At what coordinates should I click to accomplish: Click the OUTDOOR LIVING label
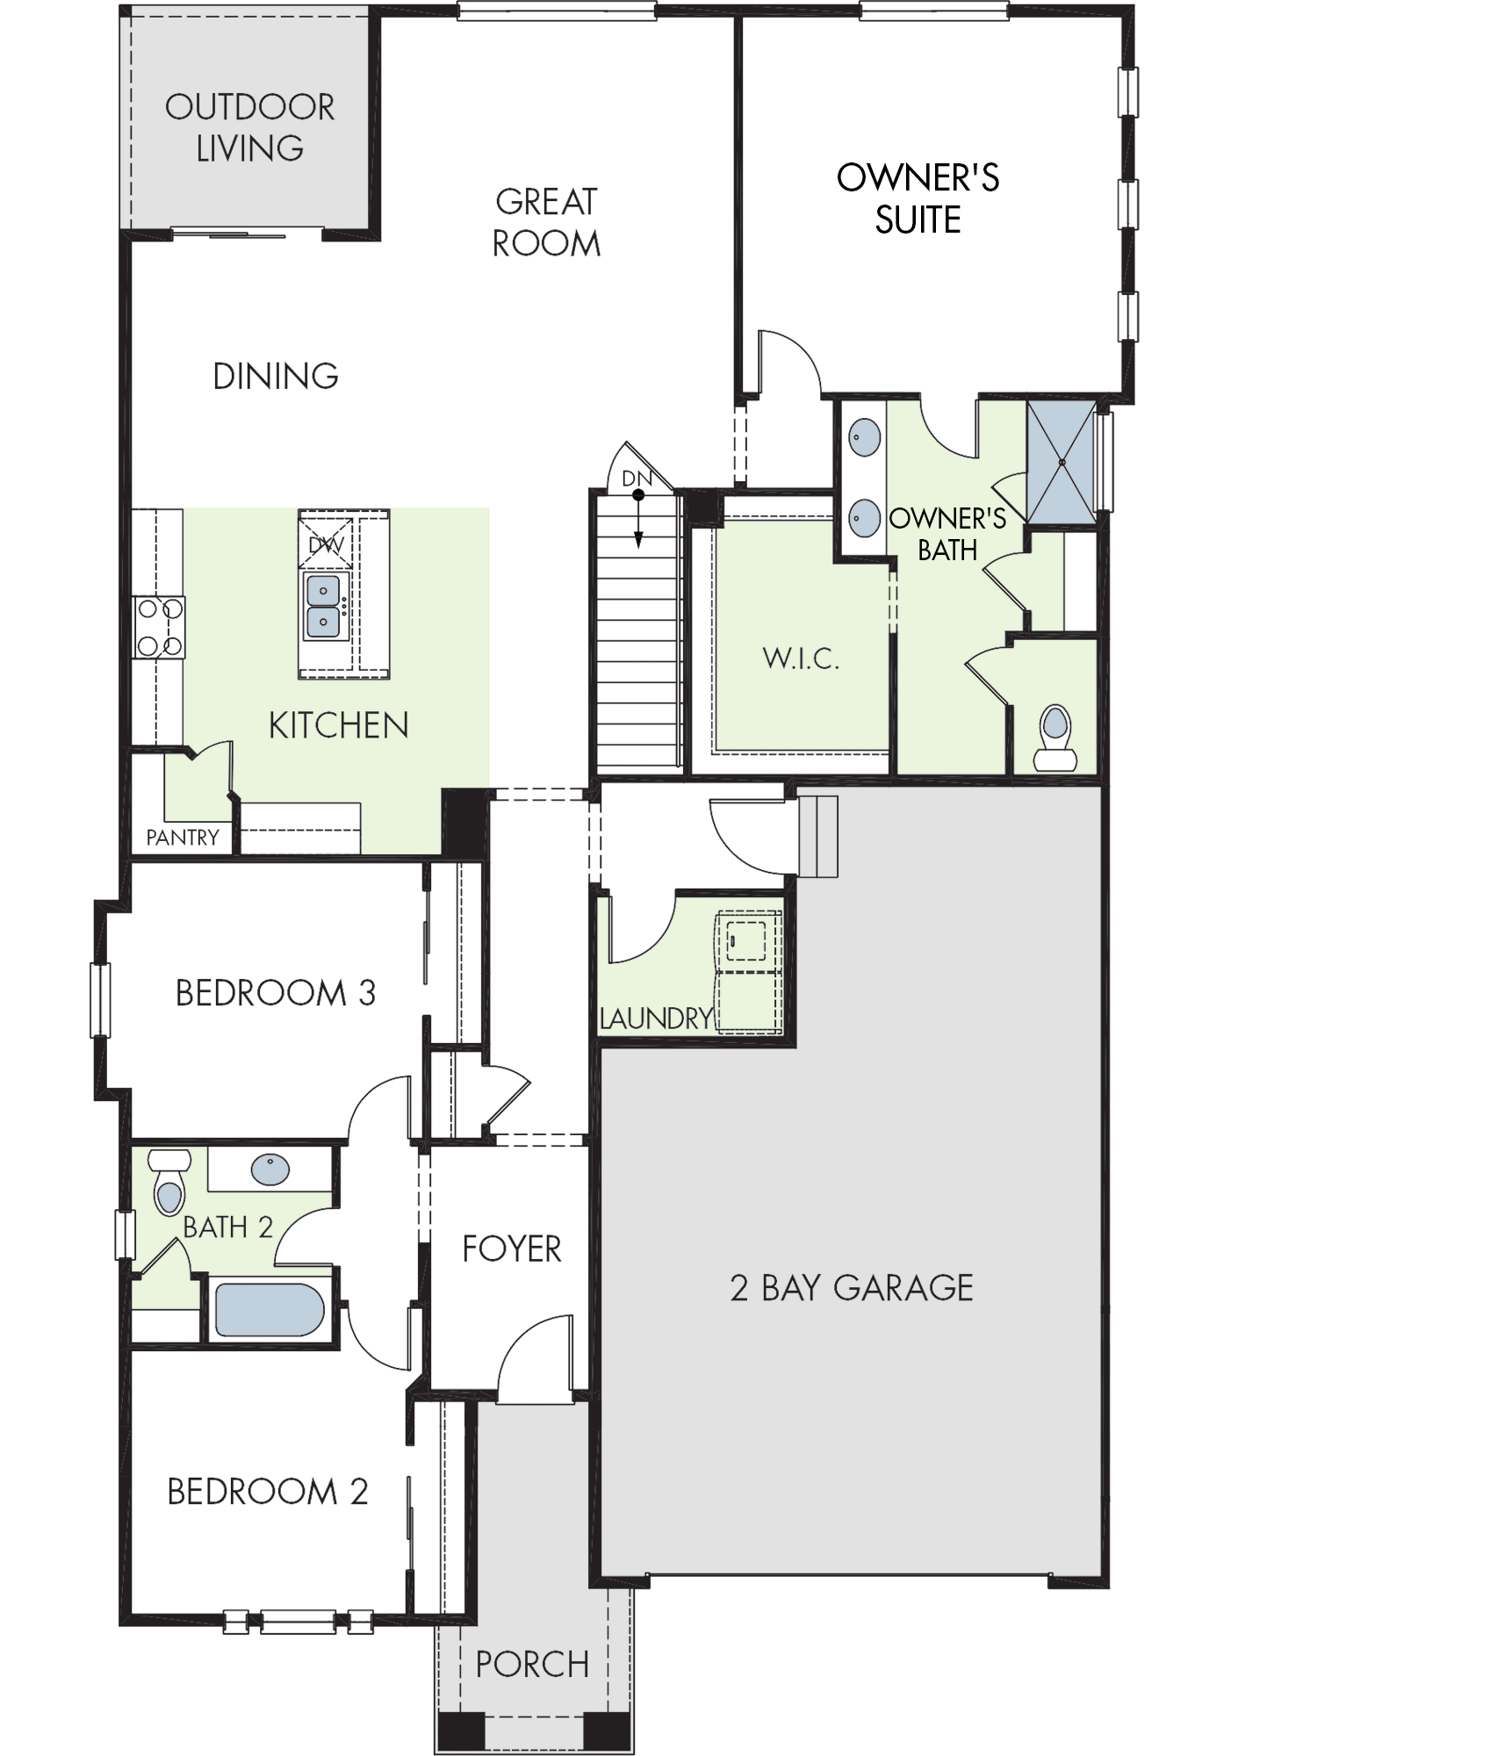click(250, 127)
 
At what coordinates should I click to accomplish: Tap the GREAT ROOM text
click(546, 222)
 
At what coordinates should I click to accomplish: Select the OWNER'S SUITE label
click(918, 198)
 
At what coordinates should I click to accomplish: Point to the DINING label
click(276, 376)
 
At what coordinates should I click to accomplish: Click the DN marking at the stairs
click(637, 479)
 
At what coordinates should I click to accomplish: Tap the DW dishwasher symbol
click(326, 545)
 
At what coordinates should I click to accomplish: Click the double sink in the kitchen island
click(323, 606)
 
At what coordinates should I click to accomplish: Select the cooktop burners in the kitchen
click(160, 627)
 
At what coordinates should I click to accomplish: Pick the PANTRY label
click(183, 838)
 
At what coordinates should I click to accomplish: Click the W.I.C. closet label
click(801, 658)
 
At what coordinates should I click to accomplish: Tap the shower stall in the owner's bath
click(1062, 462)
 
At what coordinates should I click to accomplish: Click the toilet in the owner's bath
click(1055, 738)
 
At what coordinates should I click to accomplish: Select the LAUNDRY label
click(656, 1018)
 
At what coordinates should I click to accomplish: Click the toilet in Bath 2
click(169, 1182)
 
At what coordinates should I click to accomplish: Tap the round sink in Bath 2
click(270, 1169)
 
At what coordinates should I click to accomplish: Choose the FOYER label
click(512, 1249)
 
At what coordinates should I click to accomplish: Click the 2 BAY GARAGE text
click(852, 1288)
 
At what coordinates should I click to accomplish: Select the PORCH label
click(532, 1664)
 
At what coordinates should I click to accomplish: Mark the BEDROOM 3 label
click(276, 993)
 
